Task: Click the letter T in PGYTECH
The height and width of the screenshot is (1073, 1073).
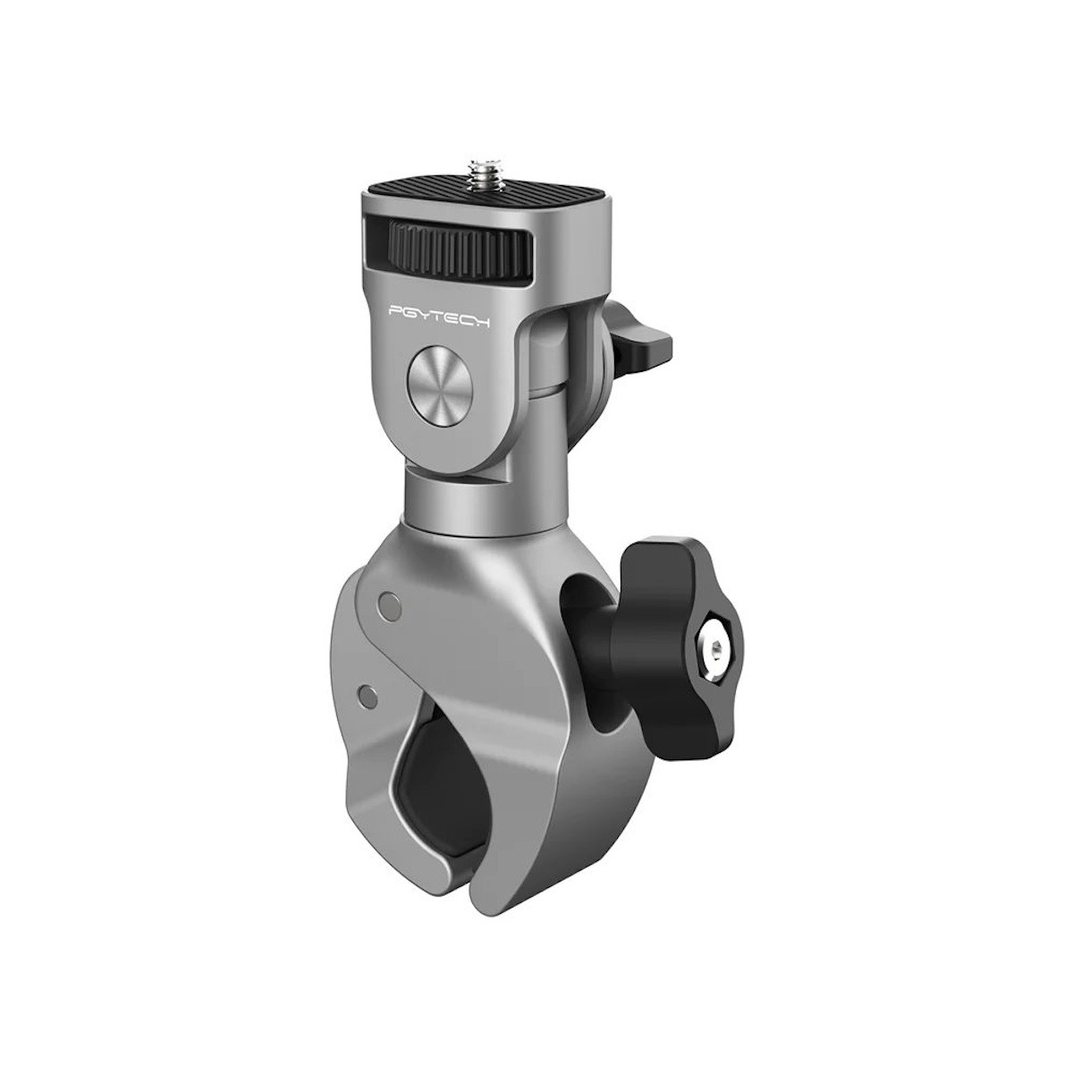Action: pos(437,316)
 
